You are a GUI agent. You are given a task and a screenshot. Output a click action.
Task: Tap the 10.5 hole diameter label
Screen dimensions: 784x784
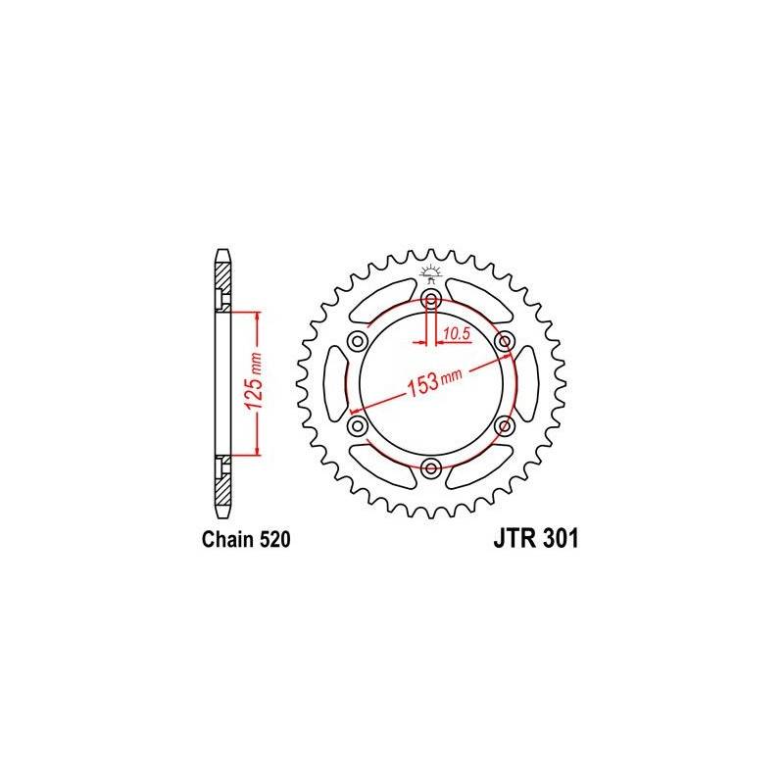point(457,334)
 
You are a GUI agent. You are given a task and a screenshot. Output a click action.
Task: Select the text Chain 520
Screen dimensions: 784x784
point(245,540)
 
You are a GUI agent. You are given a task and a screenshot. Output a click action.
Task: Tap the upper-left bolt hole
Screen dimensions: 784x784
point(357,341)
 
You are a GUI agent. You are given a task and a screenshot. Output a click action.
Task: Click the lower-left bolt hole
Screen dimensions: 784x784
point(357,426)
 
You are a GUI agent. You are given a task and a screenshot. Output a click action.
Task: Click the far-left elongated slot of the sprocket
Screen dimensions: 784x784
point(333,383)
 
